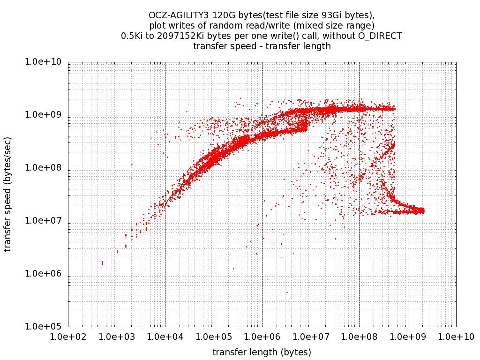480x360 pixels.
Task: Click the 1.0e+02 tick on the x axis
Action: coord(68,327)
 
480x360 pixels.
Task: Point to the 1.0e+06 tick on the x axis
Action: coord(262,327)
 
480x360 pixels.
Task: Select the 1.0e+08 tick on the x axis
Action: coord(359,327)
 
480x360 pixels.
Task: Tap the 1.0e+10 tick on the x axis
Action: coord(456,327)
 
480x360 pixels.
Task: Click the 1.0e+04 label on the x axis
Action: coord(165,336)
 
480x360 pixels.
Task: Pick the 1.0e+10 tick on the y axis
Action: coord(68,62)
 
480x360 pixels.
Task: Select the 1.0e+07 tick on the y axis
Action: coord(68,221)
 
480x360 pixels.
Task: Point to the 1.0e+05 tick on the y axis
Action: coord(68,327)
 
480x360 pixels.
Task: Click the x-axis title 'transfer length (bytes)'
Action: coord(262,352)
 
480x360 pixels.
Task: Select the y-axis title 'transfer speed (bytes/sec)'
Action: coord(8,194)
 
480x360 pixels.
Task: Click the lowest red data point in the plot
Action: coord(287,292)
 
